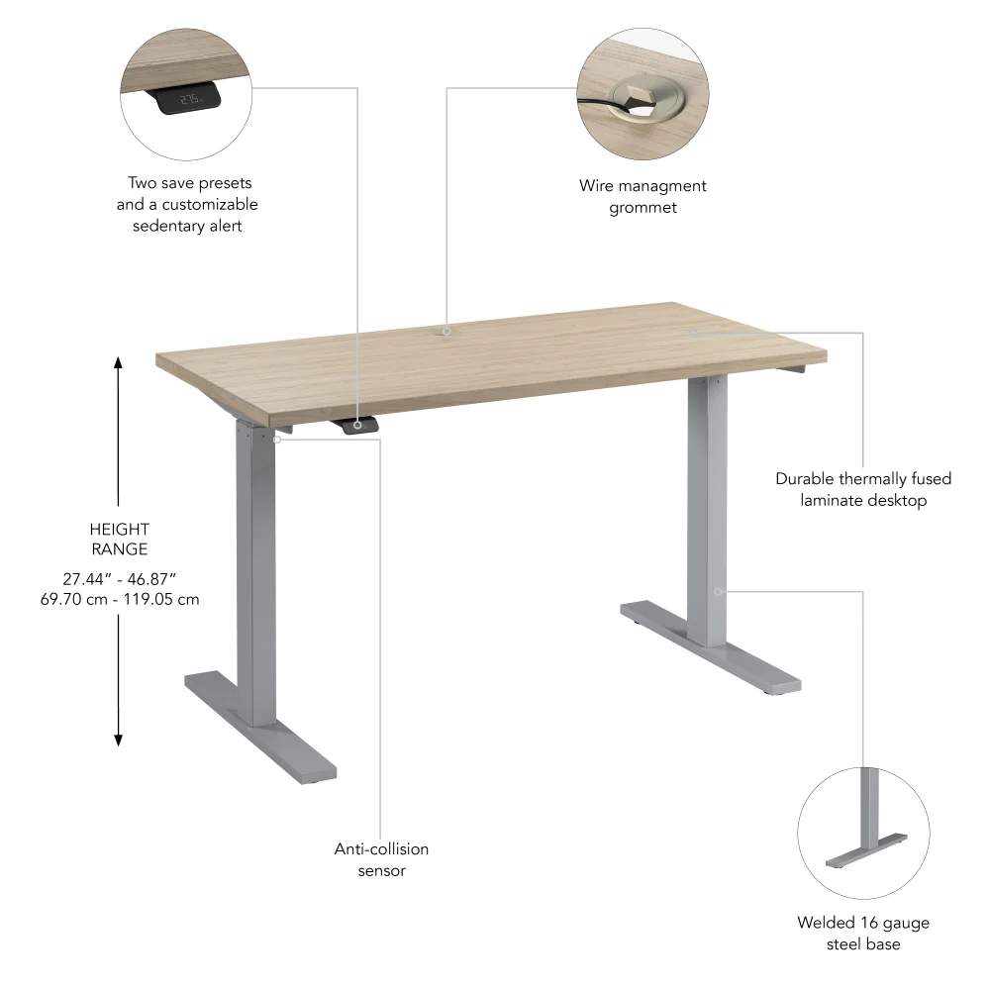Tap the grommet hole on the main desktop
point(446,331)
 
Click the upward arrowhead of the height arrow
point(119,363)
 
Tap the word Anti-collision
point(381,849)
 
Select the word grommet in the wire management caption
point(643,207)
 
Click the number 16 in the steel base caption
point(865,923)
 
